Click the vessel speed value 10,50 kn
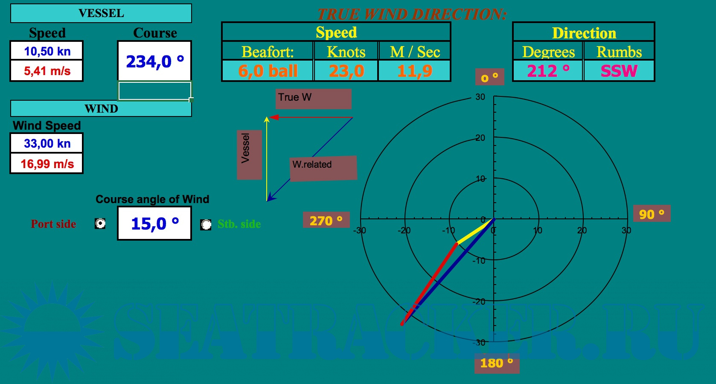tap(47, 51)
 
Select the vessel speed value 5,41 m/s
tap(47, 71)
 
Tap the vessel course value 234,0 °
tap(155, 61)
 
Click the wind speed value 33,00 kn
tap(47, 143)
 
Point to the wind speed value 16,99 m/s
tap(47, 164)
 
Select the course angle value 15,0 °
tap(155, 223)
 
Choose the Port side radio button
tap(100, 224)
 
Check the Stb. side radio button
tap(206, 224)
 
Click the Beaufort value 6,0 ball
tap(268, 71)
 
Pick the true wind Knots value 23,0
tap(346, 71)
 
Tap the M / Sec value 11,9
tap(415, 71)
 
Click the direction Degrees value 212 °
tap(548, 71)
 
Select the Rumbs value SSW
tap(619, 71)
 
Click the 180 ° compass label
tap(497, 363)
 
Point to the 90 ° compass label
tap(652, 214)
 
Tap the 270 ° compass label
tap(326, 220)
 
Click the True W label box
tap(314, 99)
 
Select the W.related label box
tap(323, 168)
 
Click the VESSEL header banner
tap(101, 13)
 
